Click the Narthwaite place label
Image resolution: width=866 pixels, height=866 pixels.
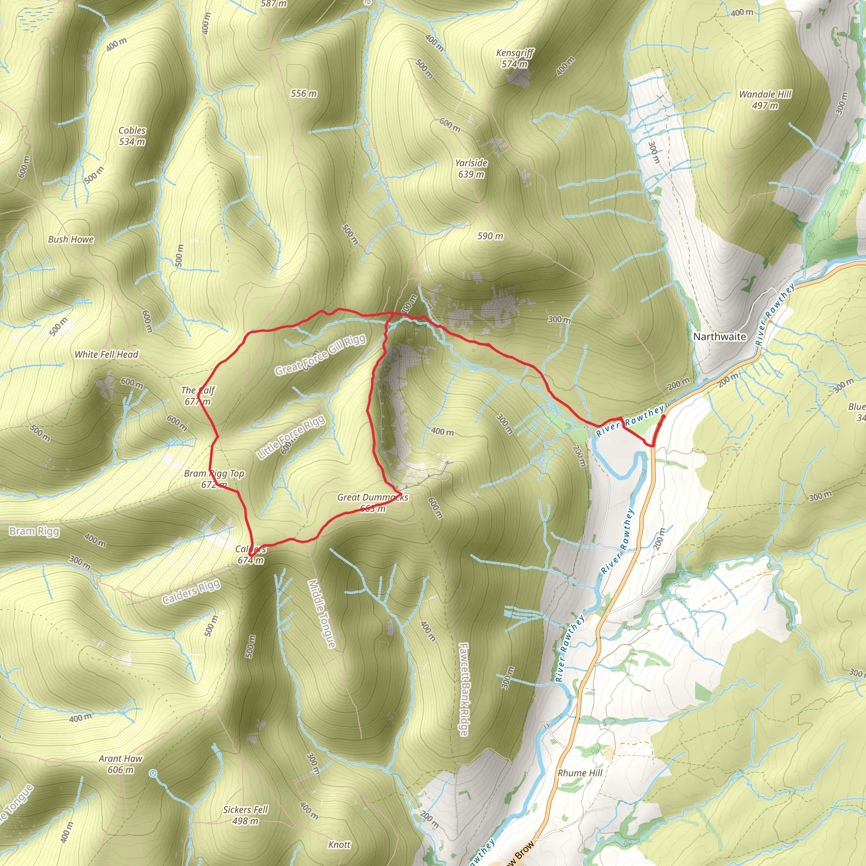(719, 337)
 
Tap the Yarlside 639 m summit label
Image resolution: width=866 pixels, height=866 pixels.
(471, 169)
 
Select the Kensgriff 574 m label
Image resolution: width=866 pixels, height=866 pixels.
(515, 58)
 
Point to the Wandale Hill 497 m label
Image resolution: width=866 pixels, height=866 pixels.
(765, 99)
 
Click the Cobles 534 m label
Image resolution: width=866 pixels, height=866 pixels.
(132, 136)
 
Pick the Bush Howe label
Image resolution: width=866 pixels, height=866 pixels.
(71, 239)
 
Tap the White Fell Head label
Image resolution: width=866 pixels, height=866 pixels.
(106, 354)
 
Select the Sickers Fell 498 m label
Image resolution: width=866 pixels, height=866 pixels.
(245, 815)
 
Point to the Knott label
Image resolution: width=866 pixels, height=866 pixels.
(339, 844)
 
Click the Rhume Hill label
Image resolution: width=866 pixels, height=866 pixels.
(580, 773)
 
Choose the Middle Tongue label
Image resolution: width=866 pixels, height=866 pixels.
(321, 614)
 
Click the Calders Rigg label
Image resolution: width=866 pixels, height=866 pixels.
(192, 592)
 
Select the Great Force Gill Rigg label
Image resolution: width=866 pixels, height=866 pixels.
(320, 354)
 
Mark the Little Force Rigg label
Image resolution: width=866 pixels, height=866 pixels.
(291, 437)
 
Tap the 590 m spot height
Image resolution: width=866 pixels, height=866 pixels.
(490, 236)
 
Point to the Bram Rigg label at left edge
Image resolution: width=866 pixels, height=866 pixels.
(34, 532)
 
